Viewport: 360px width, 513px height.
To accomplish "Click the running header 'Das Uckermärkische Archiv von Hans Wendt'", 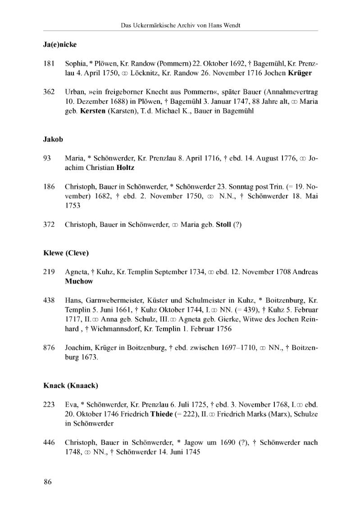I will (181, 25).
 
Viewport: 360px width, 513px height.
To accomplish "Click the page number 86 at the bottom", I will (48, 482).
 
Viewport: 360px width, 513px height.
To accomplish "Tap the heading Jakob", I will (53, 139).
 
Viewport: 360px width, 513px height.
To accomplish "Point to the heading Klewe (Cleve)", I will (66, 252).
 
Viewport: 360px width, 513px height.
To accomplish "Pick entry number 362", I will (49, 92).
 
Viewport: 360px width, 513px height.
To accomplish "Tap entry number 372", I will (49, 224).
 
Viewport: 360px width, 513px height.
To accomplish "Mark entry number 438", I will (49, 300).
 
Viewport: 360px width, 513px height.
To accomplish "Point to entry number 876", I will (49, 348).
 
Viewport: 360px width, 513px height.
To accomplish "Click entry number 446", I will (49, 442).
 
